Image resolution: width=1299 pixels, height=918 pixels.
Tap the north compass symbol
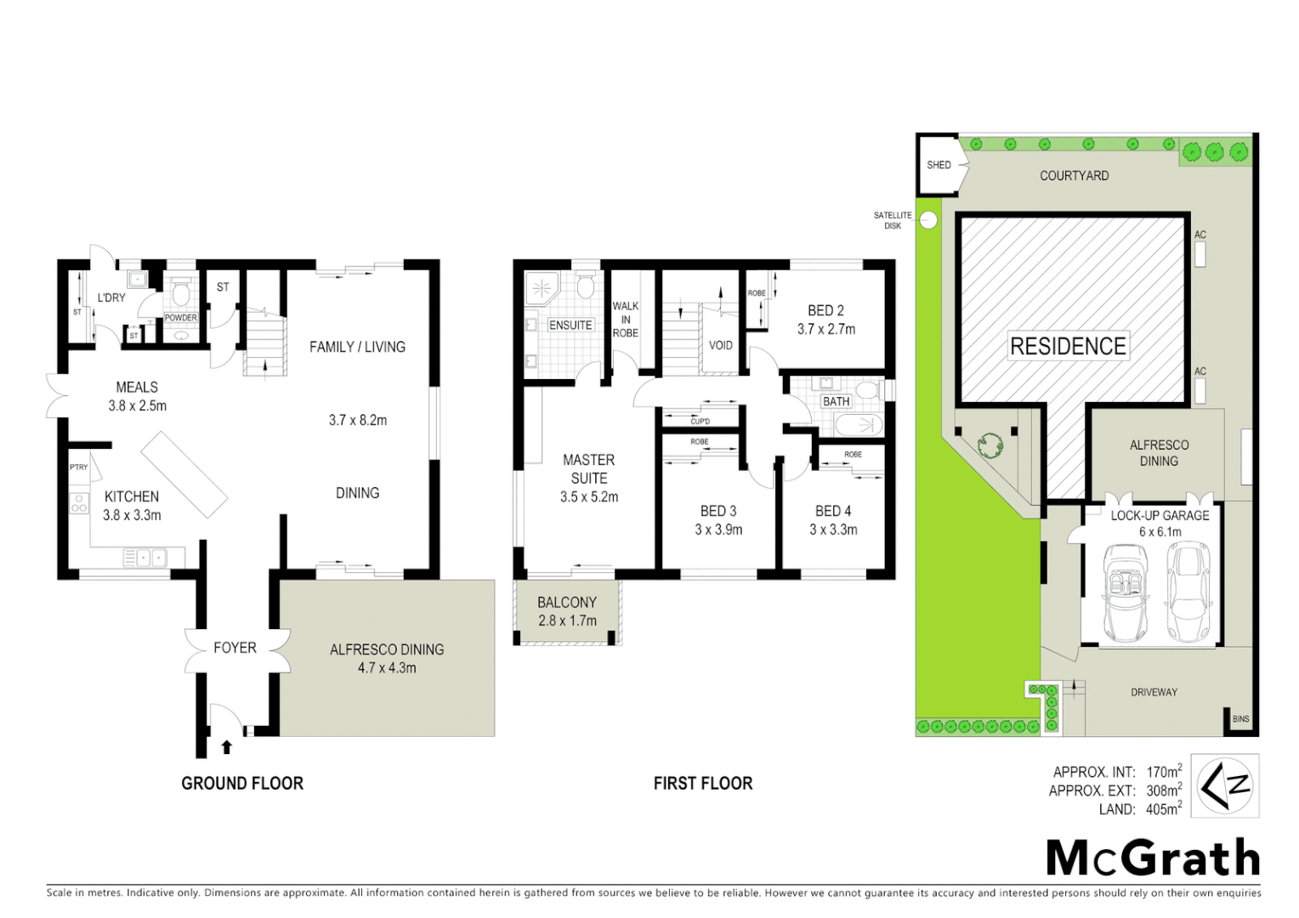click(1224, 785)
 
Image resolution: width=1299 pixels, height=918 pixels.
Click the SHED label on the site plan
click(939, 165)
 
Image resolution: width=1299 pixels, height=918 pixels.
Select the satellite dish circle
click(928, 220)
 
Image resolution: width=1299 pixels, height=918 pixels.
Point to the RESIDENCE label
click(1068, 346)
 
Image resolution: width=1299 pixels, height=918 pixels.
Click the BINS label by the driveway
click(1240, 719)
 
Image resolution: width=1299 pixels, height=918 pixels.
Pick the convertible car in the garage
click(1124, 593)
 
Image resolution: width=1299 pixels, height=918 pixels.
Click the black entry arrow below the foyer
click(226, 747)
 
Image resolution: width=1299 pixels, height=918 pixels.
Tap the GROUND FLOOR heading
click(242, 783)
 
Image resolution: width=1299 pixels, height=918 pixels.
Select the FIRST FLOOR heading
click(703, 783)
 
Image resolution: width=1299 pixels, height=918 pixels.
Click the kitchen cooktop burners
click(78, 502)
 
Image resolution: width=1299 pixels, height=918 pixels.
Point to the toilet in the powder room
click(180, 294)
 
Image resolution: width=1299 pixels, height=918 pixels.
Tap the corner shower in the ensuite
click(542, 289)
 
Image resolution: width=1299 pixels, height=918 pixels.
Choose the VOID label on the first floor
click(720, 345)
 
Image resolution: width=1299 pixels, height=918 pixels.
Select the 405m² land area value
click(1163, 809)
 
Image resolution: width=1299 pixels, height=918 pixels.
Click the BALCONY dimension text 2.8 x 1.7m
click(567, 620)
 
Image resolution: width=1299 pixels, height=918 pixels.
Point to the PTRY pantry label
click(78, 467)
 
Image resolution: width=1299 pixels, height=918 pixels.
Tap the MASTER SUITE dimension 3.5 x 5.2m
click(588, 497)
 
